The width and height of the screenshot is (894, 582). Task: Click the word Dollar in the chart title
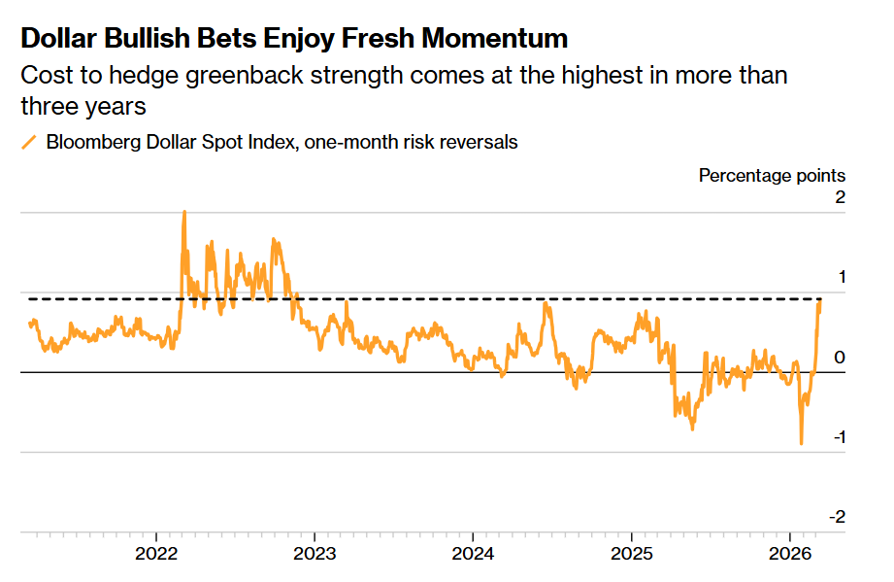(60, 39)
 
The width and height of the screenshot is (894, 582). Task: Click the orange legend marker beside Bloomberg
(29, 143)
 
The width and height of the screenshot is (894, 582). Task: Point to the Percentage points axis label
(772, 176)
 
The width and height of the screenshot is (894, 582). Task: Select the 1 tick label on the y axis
(841, 277)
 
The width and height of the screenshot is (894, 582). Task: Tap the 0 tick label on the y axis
(841, 358)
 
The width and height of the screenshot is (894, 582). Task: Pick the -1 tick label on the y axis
(838, 437)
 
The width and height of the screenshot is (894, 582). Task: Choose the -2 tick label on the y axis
(837, 517)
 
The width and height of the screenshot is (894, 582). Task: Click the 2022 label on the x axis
(156, 556)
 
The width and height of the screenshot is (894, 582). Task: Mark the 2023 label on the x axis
(315, 556)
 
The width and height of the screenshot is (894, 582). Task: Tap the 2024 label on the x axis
(473, 556)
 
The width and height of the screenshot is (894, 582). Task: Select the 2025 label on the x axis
(631, 556)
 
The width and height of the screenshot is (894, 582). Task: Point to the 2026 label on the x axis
(789, 556)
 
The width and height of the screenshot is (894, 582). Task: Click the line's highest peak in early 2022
(184, 212)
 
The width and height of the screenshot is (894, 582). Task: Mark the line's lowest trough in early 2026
(802, 443)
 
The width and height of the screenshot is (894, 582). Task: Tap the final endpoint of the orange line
(820, 302)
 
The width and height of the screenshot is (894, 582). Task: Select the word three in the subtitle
(47, 106)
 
